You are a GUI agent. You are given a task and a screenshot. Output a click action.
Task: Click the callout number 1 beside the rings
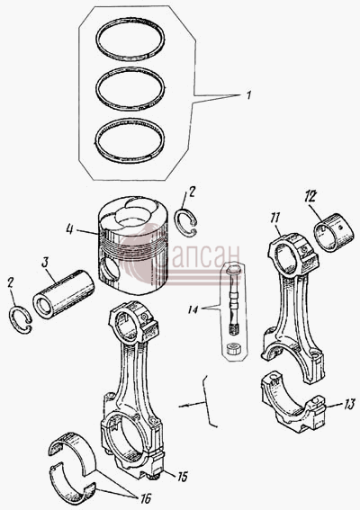[248, 95]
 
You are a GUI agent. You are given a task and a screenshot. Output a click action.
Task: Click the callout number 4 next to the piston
[69, 229]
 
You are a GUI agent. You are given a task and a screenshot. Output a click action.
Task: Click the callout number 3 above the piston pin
[45, 262]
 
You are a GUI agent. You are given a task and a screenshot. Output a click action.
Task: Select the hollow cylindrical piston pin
[64, 294]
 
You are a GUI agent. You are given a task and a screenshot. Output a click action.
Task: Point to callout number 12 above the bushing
[310, 197]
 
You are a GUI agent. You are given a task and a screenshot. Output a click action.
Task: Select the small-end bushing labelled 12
[333, 232]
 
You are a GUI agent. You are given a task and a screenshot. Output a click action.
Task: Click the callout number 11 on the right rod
[274, 218]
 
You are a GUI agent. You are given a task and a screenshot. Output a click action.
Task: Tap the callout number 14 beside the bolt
[193, 309]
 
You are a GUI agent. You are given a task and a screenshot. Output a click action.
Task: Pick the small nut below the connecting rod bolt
[233, 350]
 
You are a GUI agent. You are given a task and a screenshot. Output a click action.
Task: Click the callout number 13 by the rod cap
[349, 406]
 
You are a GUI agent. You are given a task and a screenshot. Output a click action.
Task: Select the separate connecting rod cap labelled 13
[293, 403]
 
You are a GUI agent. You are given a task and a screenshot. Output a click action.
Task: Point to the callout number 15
[183, 477]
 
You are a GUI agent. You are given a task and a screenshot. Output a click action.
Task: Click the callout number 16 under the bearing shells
[146, 497]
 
